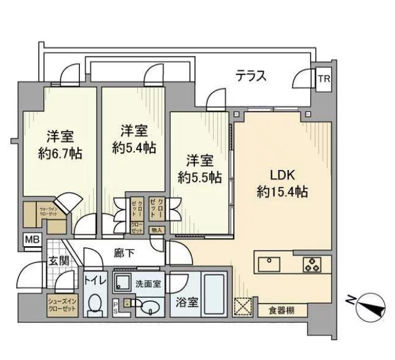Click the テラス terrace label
(251, 76)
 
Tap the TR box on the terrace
(323, 79)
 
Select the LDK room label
(282, 174)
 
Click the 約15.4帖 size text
(282, 191)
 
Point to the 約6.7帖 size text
(59, 153)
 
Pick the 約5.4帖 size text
(134, 148)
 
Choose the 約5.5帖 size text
(200, 176)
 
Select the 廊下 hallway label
(125, 254)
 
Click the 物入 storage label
(157, 230)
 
